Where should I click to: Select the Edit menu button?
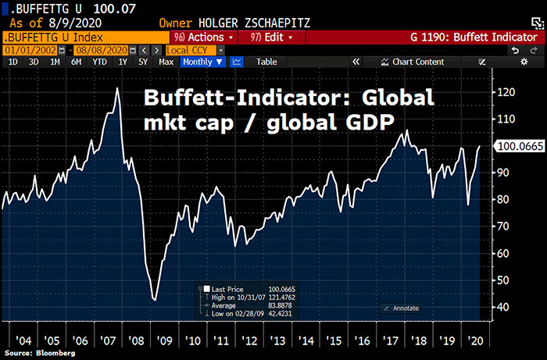pyautogui.click(x=273, y=37)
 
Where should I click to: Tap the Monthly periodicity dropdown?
pyautogui.click(x=202, y=62)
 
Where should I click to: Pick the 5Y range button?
pyautogui.click(x=143, y=62)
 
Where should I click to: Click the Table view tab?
pyautogui.click(x=266, y=62)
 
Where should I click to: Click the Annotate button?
pyautogui.click(x=405, y=308)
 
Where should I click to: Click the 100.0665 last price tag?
pyautogui.click(x=518, y=145)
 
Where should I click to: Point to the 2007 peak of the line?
pyautogui.click(x=116, y=88)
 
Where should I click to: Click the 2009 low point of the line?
pyautogui.click(x=154, y=300)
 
